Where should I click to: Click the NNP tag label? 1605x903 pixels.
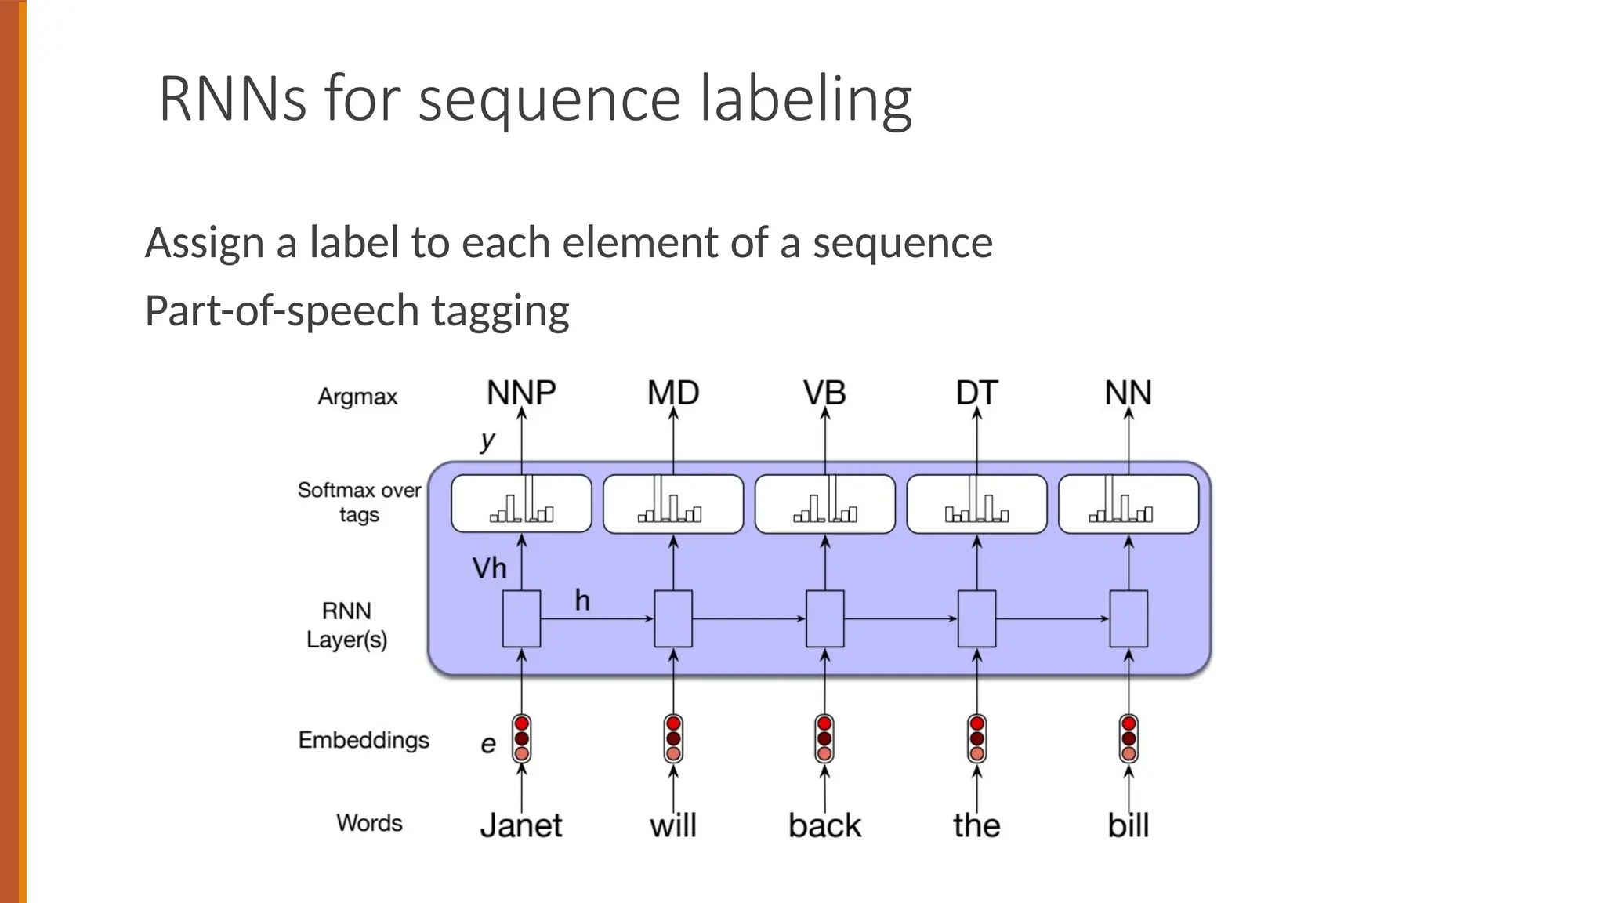pyautogui.click(x=521, y=393)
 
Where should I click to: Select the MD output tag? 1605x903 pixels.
pyautogui.click(x=673, y=393)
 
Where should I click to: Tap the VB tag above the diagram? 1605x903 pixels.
pyautogui.click(x=824, y=393)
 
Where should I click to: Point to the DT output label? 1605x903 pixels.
pyautogui.click(x=976, y=393)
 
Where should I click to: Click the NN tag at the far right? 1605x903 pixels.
pyautogui.click(x=1128, y=393)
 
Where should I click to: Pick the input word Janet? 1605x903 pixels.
pyautogui.click(x=521, y=825)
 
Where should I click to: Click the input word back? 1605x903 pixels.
pyautogui.click(x=824, y=825)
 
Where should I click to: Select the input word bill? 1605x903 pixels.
pyautogui.click(x=1128, y=825)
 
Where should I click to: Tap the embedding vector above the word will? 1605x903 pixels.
pyautogui.click(x=673, y=738)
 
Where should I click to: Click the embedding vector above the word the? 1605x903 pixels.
pyautogui.click(x=976, y=738)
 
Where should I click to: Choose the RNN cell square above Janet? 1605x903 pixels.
pyautogui.click(x=521, y=618)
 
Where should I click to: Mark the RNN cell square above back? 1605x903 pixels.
pyautogui.click(x=824, y=618)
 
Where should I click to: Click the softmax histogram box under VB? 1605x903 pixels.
pyautogui.click(x=824, y=504)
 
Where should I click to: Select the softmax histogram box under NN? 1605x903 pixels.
pyautogui.click(x=1128, y=504)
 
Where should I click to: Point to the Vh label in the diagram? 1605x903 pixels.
pyautogui.click(x=489, y=568)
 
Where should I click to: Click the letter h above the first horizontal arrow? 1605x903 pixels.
pyautogui.click(x=581, y=601)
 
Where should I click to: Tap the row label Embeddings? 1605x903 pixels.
pyautogui.click(x=364, y=740)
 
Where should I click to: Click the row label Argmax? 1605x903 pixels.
pyautogui.click(x=357, y=397)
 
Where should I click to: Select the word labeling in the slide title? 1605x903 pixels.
pyautogui.click(x=805, y=100)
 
